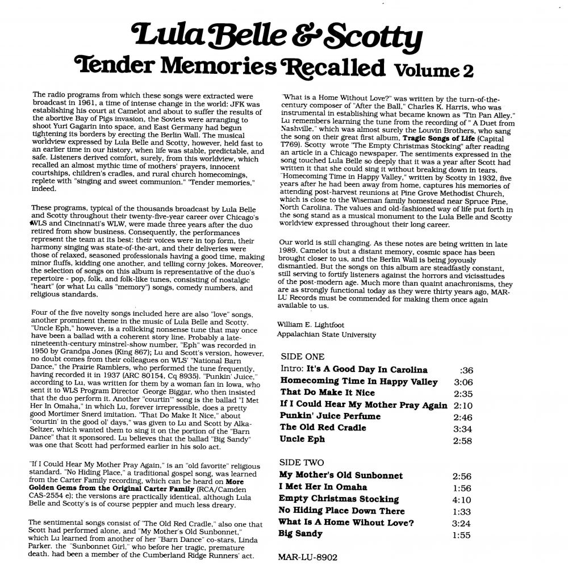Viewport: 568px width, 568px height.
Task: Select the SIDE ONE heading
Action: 303,357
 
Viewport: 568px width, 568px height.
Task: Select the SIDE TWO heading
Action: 303,462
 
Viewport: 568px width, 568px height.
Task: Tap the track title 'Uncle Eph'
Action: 302,439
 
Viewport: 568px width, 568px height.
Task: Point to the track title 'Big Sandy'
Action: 301,533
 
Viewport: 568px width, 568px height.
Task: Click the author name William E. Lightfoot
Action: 312,324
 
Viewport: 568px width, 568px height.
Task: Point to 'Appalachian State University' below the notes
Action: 326,335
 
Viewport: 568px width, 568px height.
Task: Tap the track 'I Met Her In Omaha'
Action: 323,487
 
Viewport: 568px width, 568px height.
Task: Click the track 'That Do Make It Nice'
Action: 327,392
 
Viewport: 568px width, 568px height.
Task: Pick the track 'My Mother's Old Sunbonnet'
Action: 341,475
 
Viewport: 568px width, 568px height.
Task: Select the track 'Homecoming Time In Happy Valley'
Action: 359,382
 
